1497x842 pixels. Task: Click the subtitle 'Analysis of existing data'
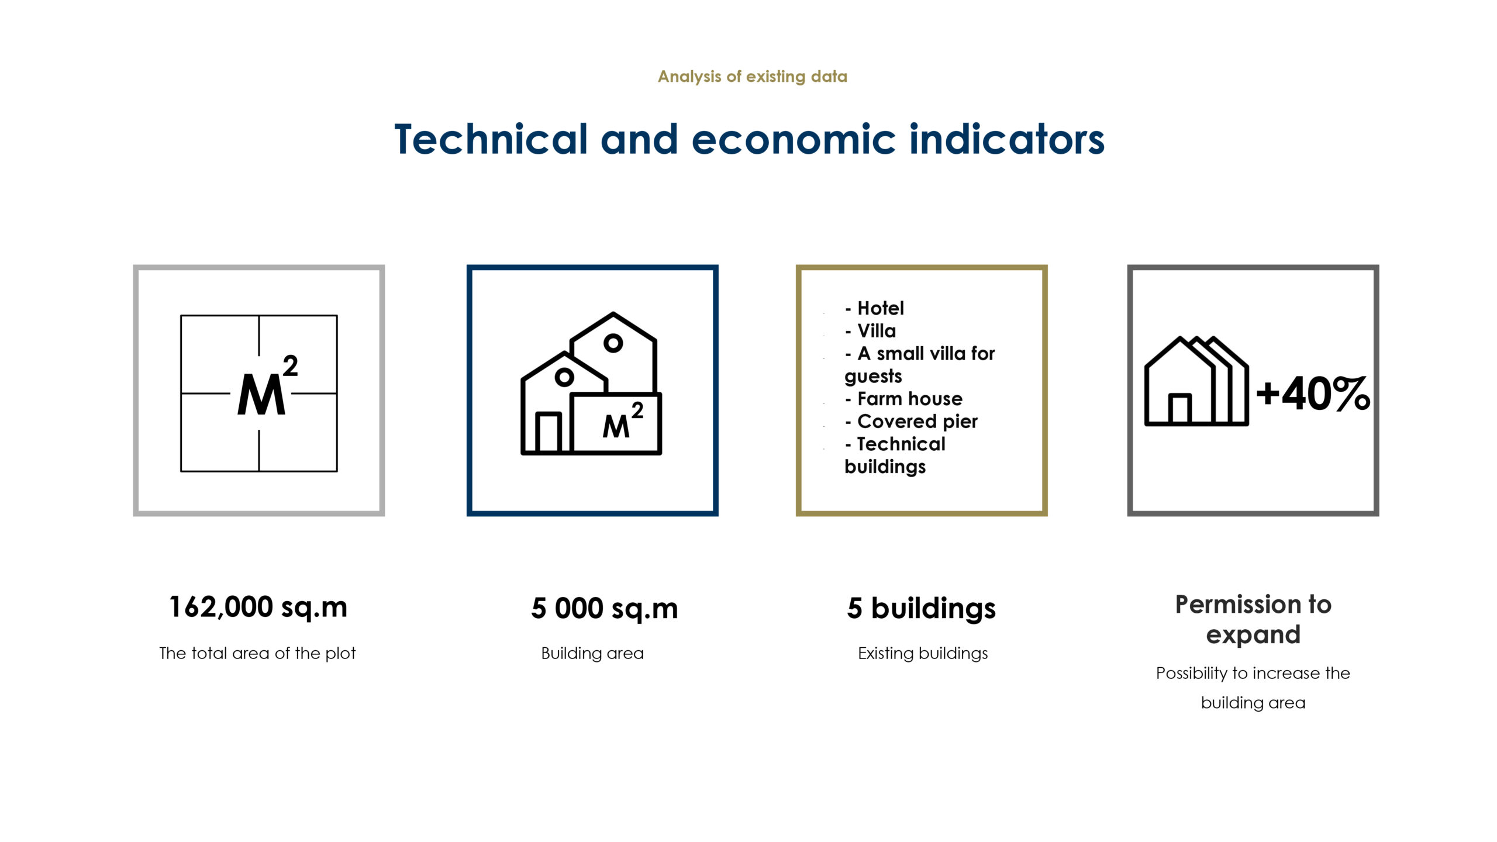[x=752, y=77]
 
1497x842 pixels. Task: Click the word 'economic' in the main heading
[x=794, y=140]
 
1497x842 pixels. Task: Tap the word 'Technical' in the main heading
[x=491, y=139]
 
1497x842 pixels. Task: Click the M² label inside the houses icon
[x=623, y=420]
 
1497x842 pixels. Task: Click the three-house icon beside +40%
[x=1196, y=381]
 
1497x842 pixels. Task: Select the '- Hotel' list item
[x=874, y=308]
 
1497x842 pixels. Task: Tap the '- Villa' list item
[x=870, y=331]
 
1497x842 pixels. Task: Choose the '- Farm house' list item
[x=903, y=399]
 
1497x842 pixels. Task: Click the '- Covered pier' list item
[x=911, y=422]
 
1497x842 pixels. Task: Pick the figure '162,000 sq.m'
[x=258, y=607]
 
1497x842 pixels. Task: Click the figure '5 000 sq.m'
[x=604, y=608]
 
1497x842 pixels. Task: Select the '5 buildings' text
[x=921, y=609]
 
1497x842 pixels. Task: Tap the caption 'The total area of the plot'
[x=257, y=653]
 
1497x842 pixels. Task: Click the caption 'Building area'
[x=592, y=653]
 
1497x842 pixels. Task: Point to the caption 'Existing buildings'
[x=923, y=653]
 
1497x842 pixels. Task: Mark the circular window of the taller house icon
[x=613, y=343]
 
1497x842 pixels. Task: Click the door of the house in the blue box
[x=549, y=432]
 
